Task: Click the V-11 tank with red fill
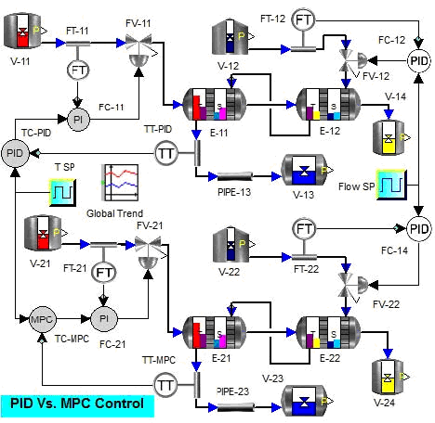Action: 22,31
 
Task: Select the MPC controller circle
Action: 43,319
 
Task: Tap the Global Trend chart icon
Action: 120,183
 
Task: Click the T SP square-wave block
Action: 62,192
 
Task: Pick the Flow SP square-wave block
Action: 391,185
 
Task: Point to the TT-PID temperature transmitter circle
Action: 166,153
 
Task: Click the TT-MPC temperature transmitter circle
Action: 165,385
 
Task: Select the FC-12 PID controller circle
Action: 419,60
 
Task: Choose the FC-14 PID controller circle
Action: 419,229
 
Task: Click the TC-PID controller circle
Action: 15,153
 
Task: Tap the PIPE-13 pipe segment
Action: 235,176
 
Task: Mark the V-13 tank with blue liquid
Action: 304,170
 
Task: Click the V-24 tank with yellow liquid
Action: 388,378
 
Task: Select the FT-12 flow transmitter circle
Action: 303,20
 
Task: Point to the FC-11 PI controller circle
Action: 78,120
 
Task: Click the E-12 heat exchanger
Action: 328,104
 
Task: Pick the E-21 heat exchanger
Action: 215,332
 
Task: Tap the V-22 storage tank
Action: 231,244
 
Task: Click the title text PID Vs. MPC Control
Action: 77,404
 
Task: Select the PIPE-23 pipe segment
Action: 235,407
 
